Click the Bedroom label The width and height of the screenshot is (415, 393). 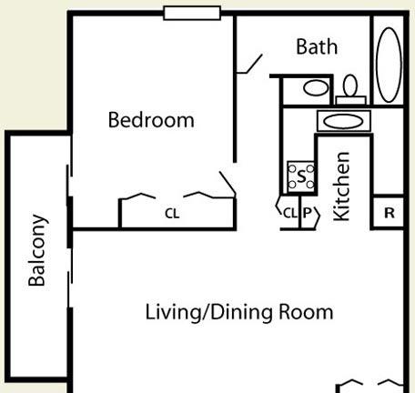pyautogui.click(x=151, y=120)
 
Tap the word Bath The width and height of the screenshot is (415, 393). pyautogui.click(x=317, y=46)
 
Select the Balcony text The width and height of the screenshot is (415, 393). pyautogui.click(x=37, y=250)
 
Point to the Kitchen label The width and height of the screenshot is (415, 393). pyautogui.click(x=341, y=186)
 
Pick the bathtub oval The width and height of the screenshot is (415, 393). pyautogui.click(x=389, y=65)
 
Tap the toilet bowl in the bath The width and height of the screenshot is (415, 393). pyautogui.click(x=350, y=86)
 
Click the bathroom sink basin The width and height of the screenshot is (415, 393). pyautogui.click(x=316, y=88)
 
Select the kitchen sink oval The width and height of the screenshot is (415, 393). pyautogui.click(x=343, y=121)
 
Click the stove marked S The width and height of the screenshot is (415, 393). pyautogui.click(x=301, y=176)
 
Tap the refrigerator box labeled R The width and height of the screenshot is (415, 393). pyautogui.click(x=389, y=213)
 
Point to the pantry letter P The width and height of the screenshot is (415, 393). pyautogui.click(x=307, y=213)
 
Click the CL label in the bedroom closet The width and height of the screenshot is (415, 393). pyautogui.click(x=172, y=214)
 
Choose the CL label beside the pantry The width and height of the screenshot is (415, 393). pyautogui.click(x=290, y=213)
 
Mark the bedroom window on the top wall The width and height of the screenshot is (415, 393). pyautogui.click(x=192, y=14)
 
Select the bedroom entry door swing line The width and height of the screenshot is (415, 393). pyautogui.click(x=228, y=184)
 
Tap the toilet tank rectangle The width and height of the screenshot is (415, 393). pyautogui.click(x=350, y=100)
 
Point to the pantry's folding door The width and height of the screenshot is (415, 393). pyautogui.click(x=317, y=217)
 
